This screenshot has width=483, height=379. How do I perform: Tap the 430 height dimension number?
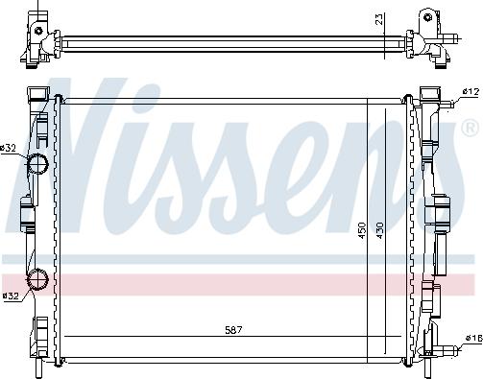(381, 230)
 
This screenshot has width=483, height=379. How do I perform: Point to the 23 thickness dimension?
(380, 18)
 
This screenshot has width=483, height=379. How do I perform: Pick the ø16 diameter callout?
(471, 339)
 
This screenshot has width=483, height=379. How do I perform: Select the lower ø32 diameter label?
(11, 296)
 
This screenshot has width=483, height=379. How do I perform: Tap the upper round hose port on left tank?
(38, 163)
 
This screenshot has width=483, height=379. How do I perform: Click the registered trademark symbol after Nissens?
(469, 127)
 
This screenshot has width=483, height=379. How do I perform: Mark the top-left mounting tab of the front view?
(36, 95)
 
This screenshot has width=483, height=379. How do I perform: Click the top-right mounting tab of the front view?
(428, 95)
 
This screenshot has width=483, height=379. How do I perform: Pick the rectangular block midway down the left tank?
(26, 215)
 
